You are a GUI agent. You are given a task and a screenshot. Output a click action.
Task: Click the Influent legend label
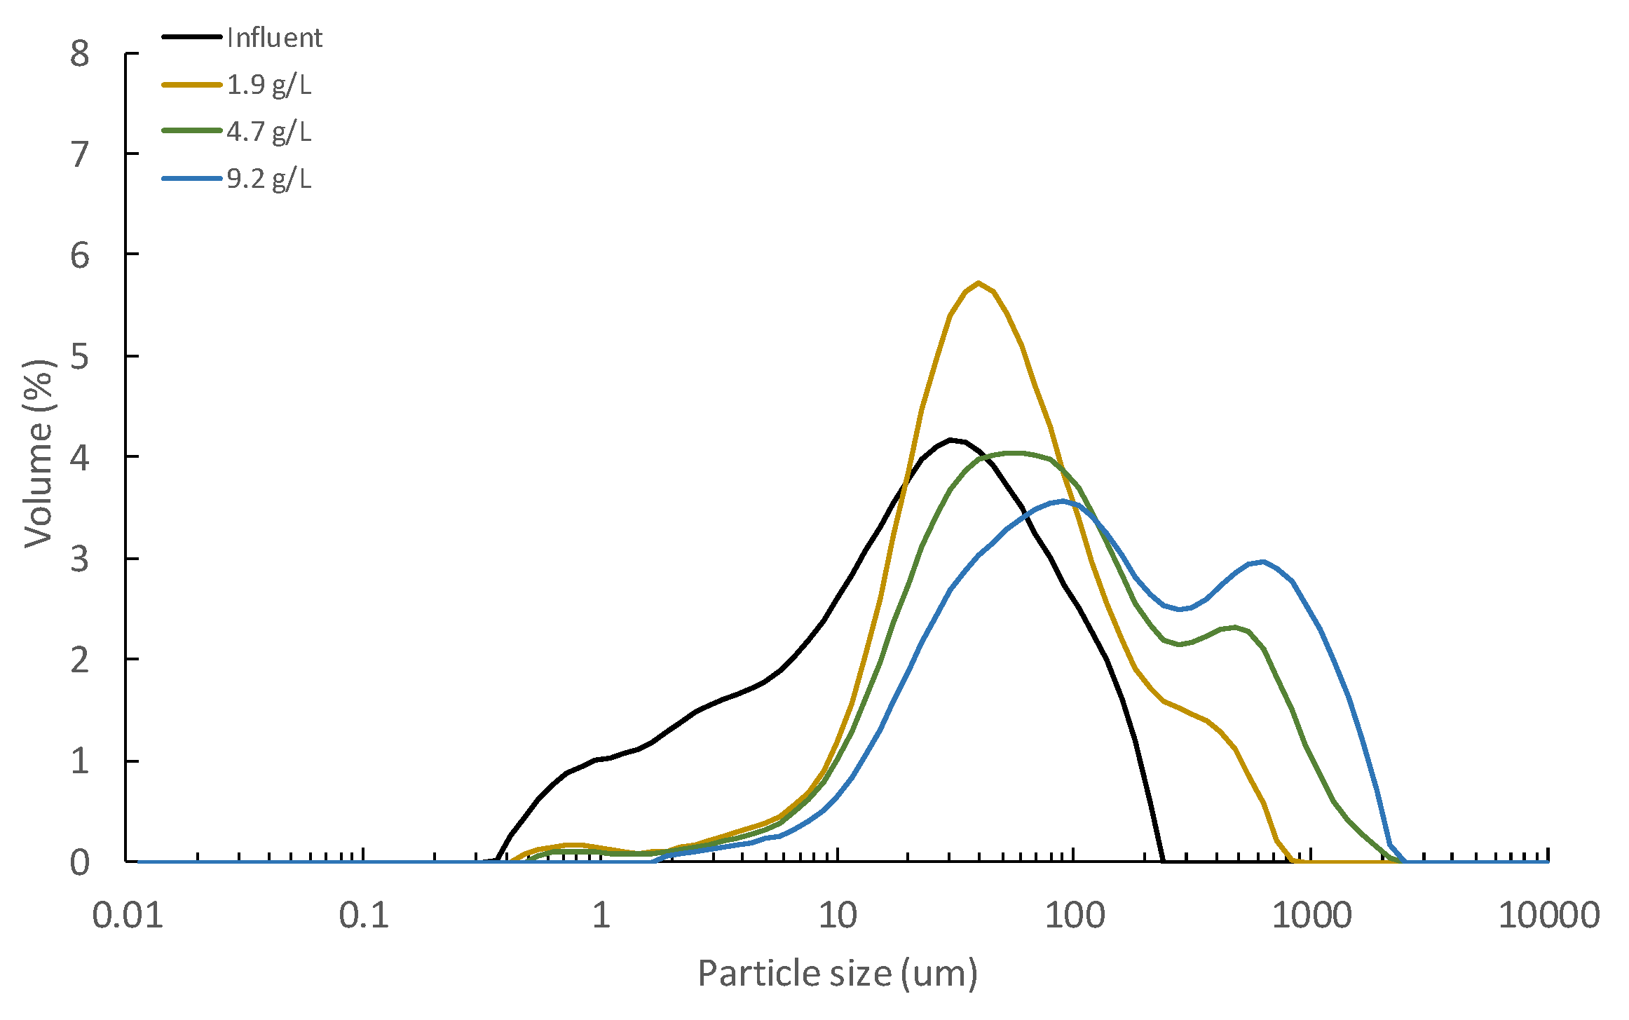(274, 37)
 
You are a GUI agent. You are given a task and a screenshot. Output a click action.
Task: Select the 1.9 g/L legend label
(268, 85)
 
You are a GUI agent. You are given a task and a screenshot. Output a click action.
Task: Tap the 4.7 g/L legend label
(268, 132)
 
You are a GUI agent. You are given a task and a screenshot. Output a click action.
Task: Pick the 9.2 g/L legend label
(268, 179)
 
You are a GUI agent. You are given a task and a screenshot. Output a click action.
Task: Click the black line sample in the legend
(191, 36)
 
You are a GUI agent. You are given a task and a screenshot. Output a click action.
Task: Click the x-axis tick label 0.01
(128, 916)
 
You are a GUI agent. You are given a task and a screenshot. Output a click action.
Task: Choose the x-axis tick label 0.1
(364, 916)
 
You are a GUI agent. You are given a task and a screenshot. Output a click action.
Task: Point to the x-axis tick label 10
(837, 916)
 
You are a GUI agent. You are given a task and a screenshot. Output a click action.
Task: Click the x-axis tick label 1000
(1311, 916)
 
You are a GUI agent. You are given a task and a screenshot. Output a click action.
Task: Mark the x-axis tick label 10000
(1548, 916)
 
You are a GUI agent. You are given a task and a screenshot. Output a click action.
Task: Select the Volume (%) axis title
(39, 454)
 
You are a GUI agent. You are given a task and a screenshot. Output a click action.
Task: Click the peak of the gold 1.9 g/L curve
(979, 283)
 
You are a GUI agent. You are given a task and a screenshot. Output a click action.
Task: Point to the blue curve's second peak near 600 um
(1263, 562)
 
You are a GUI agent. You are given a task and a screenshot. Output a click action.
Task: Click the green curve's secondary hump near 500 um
(1235, 627)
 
